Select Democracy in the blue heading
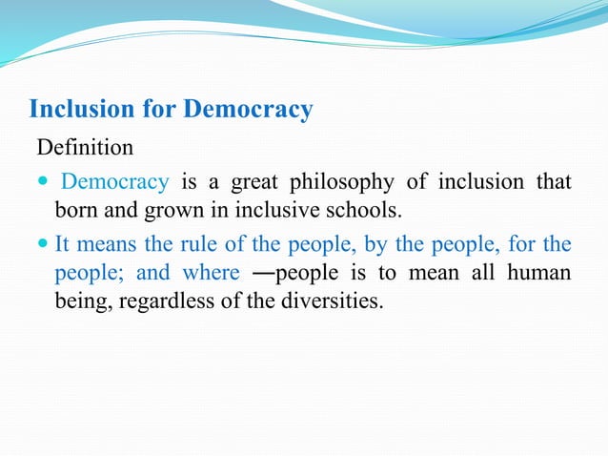(x=248, y=110)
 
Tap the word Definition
(x=86, y=149)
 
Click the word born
(x=73, y=208)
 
